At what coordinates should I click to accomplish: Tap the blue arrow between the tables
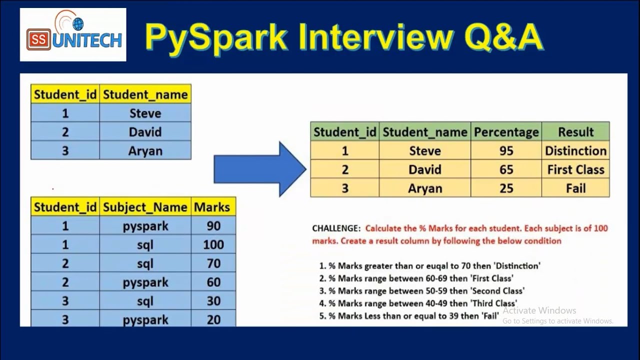point(260,169)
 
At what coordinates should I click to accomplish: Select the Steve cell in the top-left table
point(145,113)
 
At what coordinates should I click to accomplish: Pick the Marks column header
point(212,207)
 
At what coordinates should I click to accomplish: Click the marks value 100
point(213,244)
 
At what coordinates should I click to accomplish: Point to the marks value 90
point(213,226)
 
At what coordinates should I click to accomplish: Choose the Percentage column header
point(506,132)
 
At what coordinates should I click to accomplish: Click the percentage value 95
point(506,150)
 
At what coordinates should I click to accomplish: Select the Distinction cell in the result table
point(575,150)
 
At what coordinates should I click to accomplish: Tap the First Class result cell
point(575,169)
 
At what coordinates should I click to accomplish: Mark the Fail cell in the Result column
point(575,188)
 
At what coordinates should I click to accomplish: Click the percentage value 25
point(506,188)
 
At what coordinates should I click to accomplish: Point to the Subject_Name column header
point(145,207)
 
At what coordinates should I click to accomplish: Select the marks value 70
point(213,263)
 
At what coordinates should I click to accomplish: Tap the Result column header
point(575,132)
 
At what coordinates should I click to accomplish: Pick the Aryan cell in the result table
point(425,188)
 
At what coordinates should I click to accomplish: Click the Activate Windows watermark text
point(539,310)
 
